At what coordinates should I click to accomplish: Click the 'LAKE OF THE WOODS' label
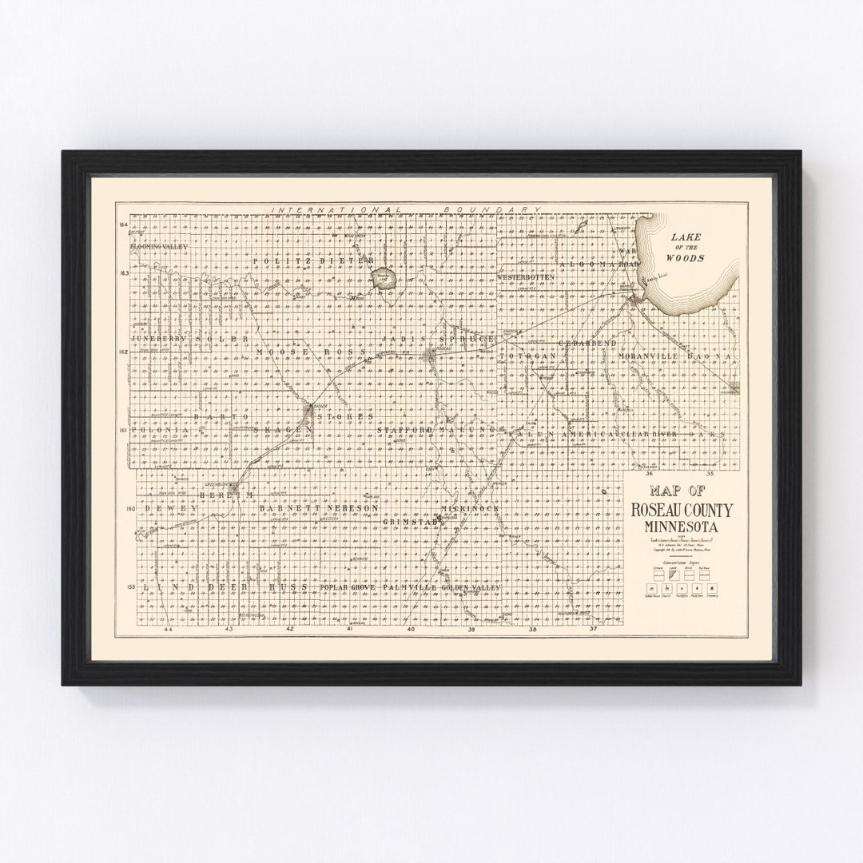tap(687, 248)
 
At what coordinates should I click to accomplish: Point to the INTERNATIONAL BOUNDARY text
tap(406, 209)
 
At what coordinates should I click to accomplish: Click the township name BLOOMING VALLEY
tap(161, 247)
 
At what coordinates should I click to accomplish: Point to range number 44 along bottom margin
tap(168, 630)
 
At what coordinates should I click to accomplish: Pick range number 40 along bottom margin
tap(411, 630)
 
